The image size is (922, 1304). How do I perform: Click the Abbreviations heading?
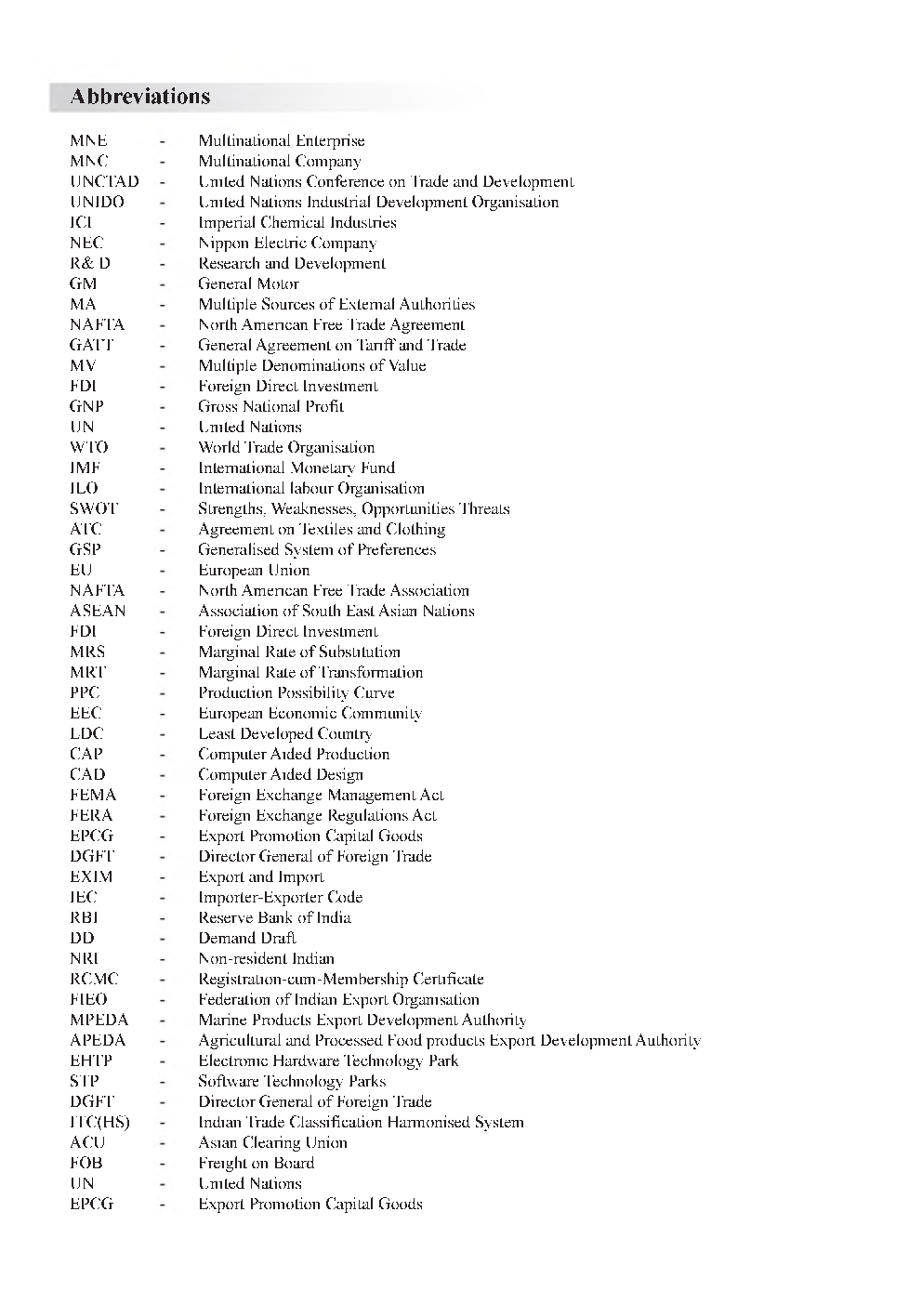pos(140,97)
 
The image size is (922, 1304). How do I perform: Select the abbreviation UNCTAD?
pos(104,182)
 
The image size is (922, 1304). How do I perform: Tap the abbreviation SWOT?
pos(94,509)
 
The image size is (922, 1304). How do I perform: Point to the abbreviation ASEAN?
pos(98,612)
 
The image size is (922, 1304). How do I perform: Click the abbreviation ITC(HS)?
pos(99,1123)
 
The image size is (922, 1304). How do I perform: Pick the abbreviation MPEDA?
pos(99,1021)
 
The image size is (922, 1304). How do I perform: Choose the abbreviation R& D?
pos(90,264)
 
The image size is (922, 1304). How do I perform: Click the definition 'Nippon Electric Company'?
pos(287,244)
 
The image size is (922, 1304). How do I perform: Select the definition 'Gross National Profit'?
pos(270,407)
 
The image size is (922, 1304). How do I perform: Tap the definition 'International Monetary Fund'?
pos(296,468)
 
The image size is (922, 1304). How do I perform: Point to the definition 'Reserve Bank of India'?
pos(274,918)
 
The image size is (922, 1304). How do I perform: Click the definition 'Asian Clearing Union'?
pos(272,1143)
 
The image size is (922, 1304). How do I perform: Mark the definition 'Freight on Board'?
pos(256,1164)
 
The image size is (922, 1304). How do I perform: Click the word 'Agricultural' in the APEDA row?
pos(240,1041)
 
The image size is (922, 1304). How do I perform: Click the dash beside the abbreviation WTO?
pos(163,448)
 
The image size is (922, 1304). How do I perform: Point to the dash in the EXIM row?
pos(163,877)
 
